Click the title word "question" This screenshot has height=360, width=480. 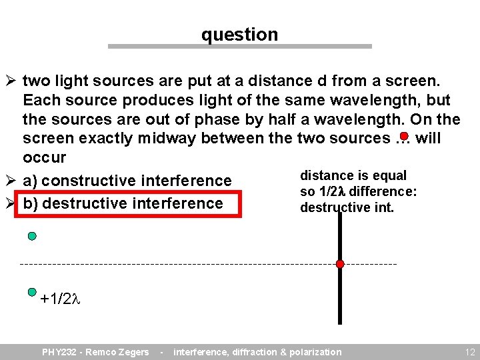pyautogui.click(x=239, y=35)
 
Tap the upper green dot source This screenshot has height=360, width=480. pyautogui.click(x=32, y=236)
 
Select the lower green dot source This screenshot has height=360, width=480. pyautogui.click(x=32, y=291)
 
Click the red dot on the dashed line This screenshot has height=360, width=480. pyautogui.click(x=340, y=264)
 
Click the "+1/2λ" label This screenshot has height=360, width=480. pyautogui.click(x=60, y=299)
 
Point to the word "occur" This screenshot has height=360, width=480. pyautogui.click(x=45, y=158)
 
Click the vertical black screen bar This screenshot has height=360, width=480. pyautogui.click(x=340, y=293)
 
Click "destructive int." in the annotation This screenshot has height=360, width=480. pyautogui.click(x=347, y=208)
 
